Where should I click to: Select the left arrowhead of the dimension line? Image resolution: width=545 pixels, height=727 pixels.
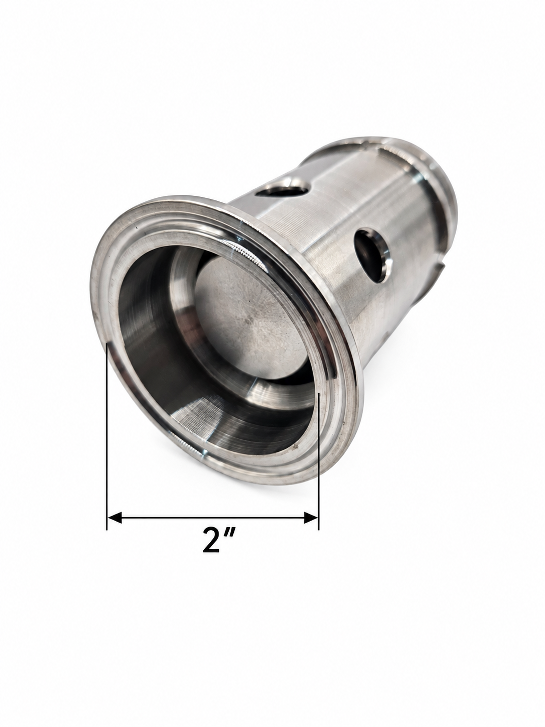click(x=114, y=517)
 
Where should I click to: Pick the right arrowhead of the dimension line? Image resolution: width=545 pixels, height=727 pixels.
click(x=311, y=517)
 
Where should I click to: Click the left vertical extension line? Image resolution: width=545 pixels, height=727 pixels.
click(x=106, y=436)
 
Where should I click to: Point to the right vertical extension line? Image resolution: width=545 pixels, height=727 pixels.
click(x=318, y=461)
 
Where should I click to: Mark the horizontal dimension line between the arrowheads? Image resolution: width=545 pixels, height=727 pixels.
click(x=213, y=517)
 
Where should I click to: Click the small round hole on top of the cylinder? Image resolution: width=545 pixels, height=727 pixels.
click(x=284, y=191)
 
